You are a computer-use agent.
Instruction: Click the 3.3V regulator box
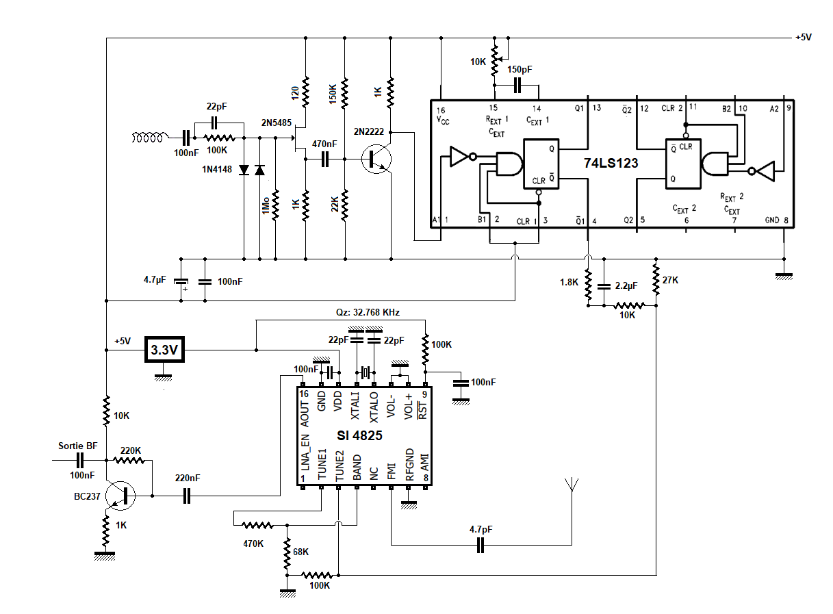pos(164,350)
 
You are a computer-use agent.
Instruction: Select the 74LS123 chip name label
pos(611,164)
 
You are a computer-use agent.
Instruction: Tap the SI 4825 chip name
pos(359,435)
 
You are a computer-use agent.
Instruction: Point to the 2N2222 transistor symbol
pos(376,159)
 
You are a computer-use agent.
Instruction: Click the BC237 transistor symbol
pos(120,496)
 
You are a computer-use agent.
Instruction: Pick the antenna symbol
pos(572,485)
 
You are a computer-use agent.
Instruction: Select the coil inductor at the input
pos(147,138)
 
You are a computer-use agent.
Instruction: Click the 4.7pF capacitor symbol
pos(480,545)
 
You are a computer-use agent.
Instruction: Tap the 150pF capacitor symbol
pos(517,86)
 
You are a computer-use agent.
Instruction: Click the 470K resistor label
pos(253,543)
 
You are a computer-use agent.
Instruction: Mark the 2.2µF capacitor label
pos(626,285)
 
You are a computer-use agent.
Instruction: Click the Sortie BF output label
pos(78,446)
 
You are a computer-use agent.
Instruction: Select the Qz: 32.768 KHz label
pos(368,312)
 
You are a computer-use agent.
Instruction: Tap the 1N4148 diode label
pos(217,170)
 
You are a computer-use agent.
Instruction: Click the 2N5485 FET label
pos(277,123)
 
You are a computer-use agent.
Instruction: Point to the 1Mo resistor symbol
pos(276,205)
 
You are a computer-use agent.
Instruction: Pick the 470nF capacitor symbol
pos(325,159)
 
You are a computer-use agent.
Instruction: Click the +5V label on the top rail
pos(804,37)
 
